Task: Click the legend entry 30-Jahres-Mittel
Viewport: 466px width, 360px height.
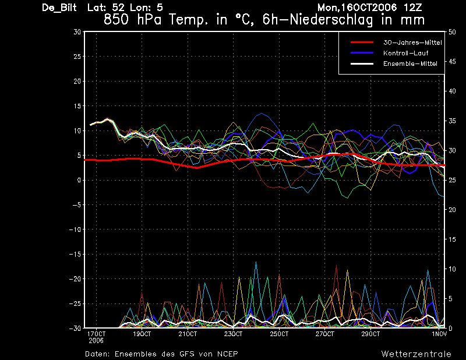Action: [x=412, y=43]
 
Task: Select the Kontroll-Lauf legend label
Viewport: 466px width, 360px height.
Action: [x=405, y=53]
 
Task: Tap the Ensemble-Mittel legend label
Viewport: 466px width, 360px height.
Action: [x=410, y=63]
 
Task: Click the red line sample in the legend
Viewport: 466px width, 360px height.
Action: [x=362, y=43]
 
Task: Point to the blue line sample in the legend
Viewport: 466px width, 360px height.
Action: [x=362, y=53]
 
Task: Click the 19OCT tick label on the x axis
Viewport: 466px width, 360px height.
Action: [x=142, y=334]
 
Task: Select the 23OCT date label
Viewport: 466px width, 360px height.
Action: [x=234, y=334]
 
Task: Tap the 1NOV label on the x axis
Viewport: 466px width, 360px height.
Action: [x=439, y=334]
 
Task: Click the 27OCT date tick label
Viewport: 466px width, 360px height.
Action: [x=325, y=334]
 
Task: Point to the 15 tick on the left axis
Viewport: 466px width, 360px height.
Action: [x=77, y=106]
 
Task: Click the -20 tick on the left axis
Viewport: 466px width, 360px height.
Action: [x=75, y=279]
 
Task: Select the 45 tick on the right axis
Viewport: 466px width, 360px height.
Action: [x=452, y=62]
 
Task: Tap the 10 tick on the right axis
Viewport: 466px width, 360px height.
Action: [x=452, y=269]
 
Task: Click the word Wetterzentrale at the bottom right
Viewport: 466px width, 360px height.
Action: [x=416, y=354]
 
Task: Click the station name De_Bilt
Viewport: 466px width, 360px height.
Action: [x=59, y=8]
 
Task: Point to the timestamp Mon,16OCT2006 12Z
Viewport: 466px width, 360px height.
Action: [x=370, y=8]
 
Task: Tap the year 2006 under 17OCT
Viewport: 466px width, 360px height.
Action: [x=96, y=341]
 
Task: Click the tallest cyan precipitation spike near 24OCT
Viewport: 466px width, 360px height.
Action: [x=256, y=262]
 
